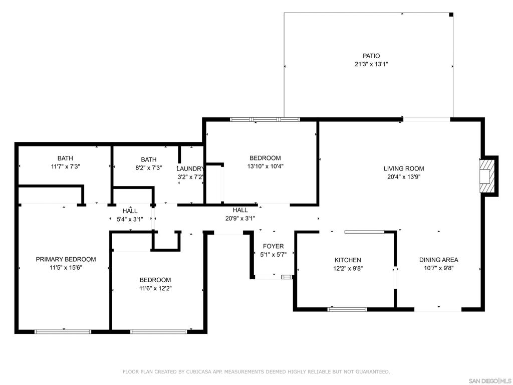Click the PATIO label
click(371, 56)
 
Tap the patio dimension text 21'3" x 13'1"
click(371, 64)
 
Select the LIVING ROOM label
click(404, 168)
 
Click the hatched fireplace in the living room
click(486, 176)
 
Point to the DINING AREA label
click(438, 260)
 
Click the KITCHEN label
click(348, 260)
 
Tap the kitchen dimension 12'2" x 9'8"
click(348, 269)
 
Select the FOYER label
click(273, 246)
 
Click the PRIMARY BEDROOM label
click(66, 259)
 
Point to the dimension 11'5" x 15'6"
click(66, 268)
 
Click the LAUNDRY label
click(190, 169)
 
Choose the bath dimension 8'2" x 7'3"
click(148, 168)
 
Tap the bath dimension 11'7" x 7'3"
click(66, 166)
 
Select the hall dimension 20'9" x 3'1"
click(240, 219)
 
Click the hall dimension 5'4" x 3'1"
click(130, 220)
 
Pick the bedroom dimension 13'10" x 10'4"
click(265, 166)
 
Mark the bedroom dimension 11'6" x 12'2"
click(155, 288)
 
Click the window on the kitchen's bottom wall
click(347, 309)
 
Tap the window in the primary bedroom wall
click(63, 332)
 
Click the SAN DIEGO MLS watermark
click(490, 381)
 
